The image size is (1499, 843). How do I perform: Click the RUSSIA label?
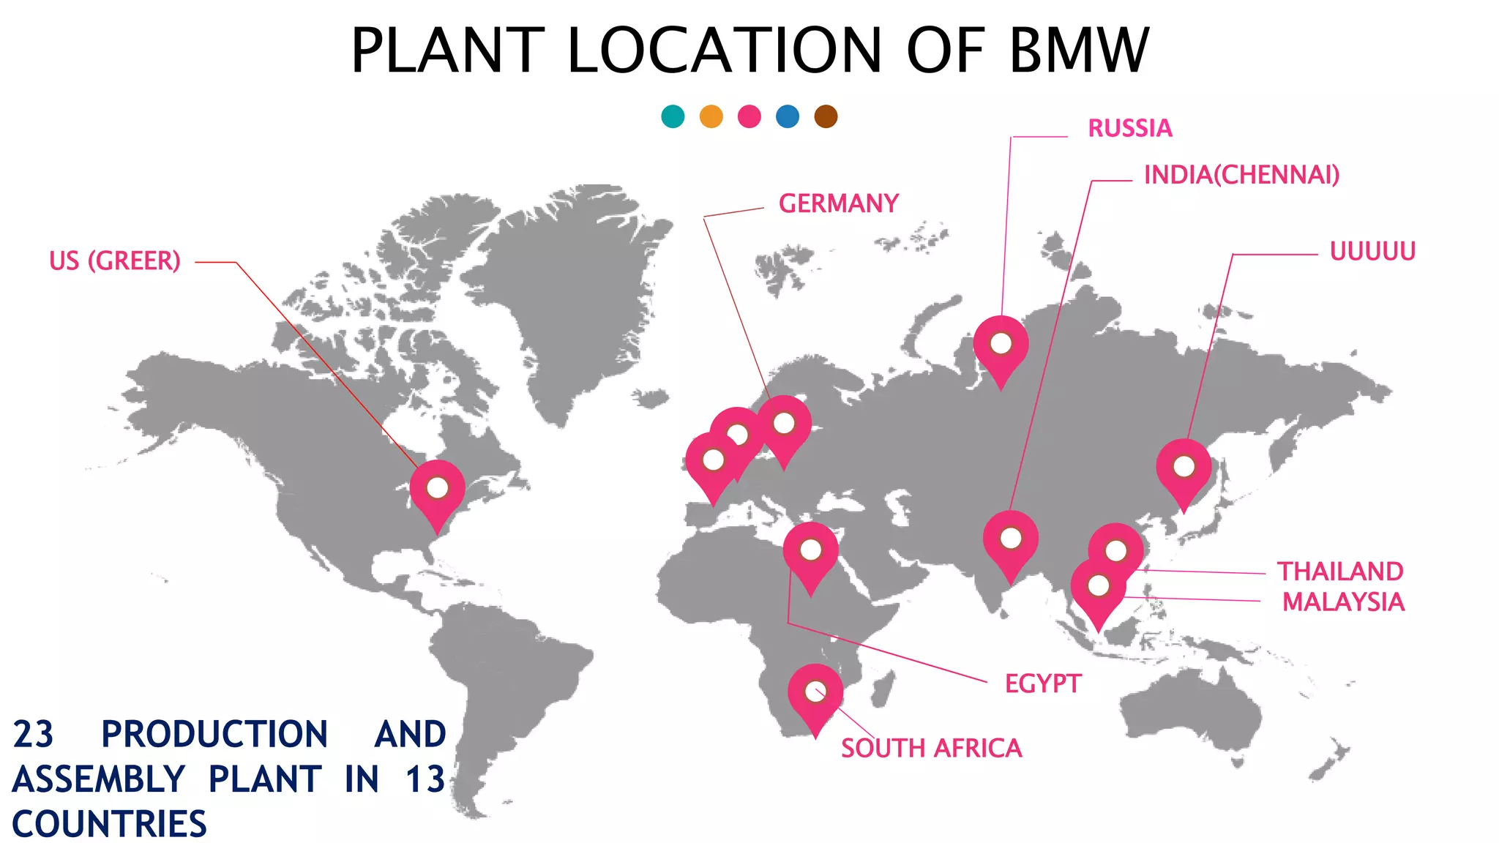point(1129,129)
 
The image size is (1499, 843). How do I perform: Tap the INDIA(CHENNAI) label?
point(1241,175)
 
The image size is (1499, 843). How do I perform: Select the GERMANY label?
point(838,203)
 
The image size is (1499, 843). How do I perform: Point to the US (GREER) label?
point(115,261)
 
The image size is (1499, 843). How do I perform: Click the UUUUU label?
point(1372,252)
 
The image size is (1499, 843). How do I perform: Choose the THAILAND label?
point(1340,572)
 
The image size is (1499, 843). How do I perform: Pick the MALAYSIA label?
point(1343,602)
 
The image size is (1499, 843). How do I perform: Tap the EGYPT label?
point(1042,684)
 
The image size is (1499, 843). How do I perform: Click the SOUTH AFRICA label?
point(931,749)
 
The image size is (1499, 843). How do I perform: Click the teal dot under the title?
point(673,116)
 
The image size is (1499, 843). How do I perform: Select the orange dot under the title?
point(711,116)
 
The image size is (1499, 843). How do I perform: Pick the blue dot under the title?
point(788,116)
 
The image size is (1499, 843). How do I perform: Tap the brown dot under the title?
point(826,116)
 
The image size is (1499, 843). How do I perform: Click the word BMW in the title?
point(1079,50)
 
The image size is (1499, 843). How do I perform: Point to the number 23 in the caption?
point(34,735)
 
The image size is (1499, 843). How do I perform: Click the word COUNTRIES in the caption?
point(110,824)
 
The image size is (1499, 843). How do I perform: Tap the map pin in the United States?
point(437,490)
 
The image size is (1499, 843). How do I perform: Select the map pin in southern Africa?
point(815,694)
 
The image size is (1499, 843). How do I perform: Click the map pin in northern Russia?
point(1001,345)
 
